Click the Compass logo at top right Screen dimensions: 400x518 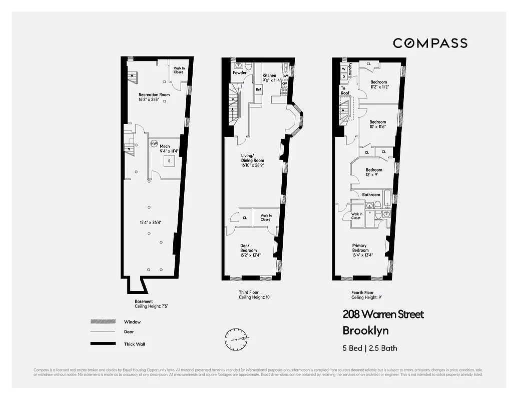pyautogui.click(x=430, y=43)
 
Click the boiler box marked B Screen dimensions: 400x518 pyautogui.click(x=169, y=161)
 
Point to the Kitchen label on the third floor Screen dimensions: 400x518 pyautogui.click(x=270, y=76)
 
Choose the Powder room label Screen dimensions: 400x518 pyautogui.click(x=240, y=73)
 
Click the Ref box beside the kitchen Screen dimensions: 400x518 pyautogui.click(x=258, y=89)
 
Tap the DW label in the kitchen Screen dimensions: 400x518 pyautogui.click(x=285, y=76)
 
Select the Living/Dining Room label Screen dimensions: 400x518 pyautogui.click(x=253, y=158)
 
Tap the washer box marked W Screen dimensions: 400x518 pyautogui.click(x=344, y=69)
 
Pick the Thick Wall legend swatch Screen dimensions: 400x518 pyautogui.click(x=102, y=344)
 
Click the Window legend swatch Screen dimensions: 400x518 pyautogui.click(x=102, y=322)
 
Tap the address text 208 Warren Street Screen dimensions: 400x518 pyautogui.click(x=383, y=314)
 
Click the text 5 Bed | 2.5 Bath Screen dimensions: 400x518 pyautogui.click(x=370, y=348)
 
